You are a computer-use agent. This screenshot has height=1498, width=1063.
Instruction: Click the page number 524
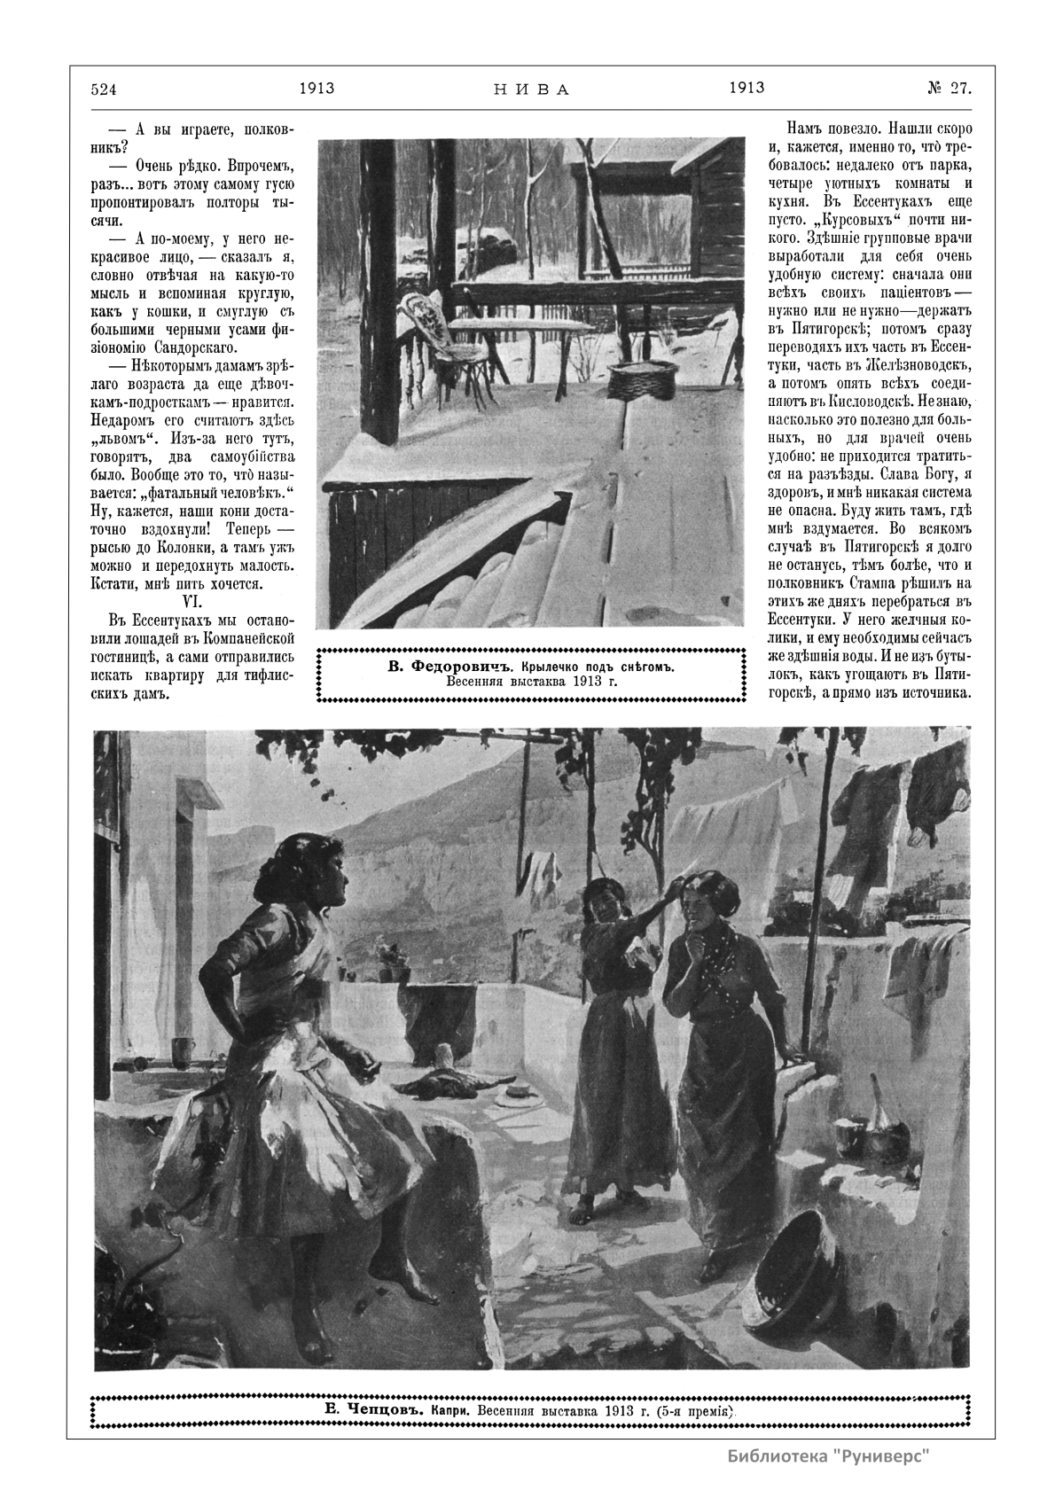point(104,89)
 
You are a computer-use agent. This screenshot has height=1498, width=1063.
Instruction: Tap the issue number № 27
point(949,88)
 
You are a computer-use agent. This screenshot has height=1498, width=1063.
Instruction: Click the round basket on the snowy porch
point(642,379)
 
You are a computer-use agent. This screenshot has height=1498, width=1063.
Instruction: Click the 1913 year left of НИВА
point(316,88)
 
